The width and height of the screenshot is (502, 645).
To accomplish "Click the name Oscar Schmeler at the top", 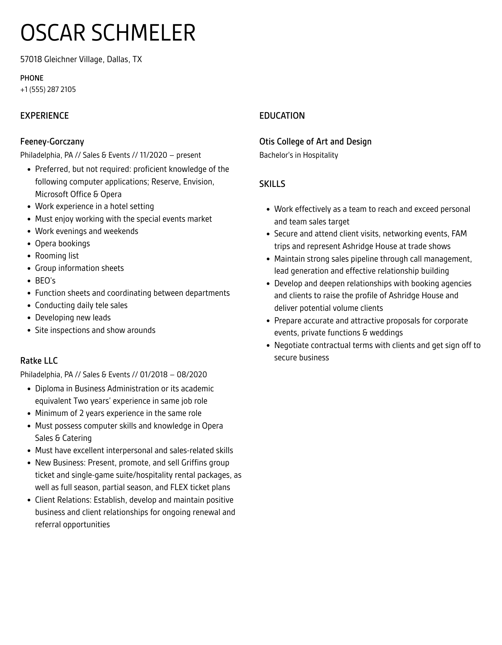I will pyautogui.click(x=108, y=33).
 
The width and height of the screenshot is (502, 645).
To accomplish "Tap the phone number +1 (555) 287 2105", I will pyautogui.click(x=48, y=89).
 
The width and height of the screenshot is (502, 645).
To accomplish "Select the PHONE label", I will pyautogui.click(x=32, y=78).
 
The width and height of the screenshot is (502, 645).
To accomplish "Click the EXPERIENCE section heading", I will pyautogui.click(x=44, y=116).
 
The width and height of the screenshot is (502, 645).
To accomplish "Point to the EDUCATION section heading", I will pyautogui.click(x=282, y=116).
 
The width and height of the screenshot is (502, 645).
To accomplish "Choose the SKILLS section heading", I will pyautogui.click(x=272, y=184).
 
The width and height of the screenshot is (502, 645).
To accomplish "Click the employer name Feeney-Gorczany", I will pyautogui.click(x=52, y=141).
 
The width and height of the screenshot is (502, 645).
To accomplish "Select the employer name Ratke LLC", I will pyautogui.click(x=39, y=361).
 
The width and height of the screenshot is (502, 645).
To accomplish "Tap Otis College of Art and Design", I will pyautogui.click(x=315, y=141).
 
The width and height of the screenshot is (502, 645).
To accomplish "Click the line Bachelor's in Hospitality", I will pyautogui.click(x=298, y=155).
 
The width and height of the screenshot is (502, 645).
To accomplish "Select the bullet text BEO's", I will pyautogui.click(x=45, y=281).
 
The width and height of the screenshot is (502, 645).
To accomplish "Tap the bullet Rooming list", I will pyautogui.click(x=57, y=256).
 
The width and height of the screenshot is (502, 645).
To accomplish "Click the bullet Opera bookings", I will pyautogui.click(x=62, y=243).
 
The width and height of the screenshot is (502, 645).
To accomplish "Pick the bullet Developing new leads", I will pyautogui.click(x=73, y=318).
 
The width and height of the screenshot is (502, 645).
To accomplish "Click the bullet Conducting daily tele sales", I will pyautogui.click(x=81, y=305).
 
